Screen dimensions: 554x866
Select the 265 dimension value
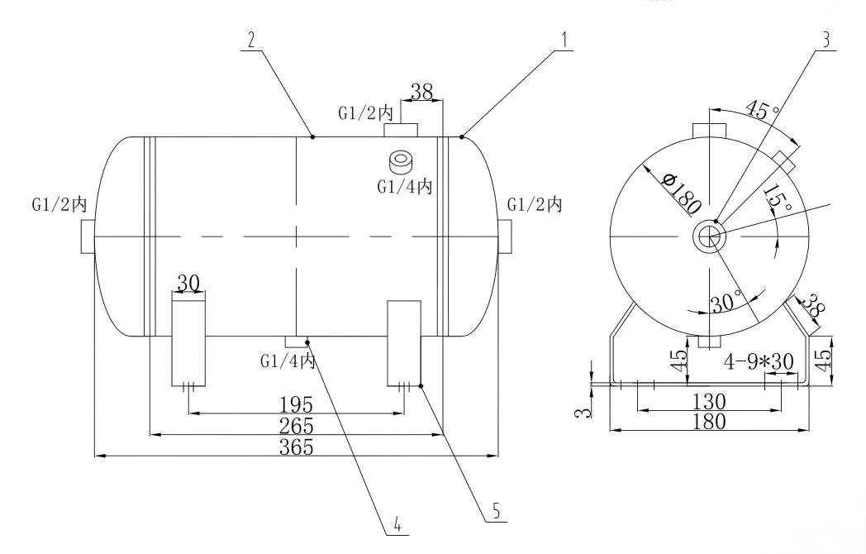tap(296, 426)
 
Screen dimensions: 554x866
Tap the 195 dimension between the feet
tap(296, 404)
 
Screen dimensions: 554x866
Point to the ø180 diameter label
tap(682, 193)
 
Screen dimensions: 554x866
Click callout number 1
tap(564, 39)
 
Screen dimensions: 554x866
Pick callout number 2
tap(246, 39)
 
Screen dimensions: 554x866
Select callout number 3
tap(826, 39)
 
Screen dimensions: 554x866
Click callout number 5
tap(496, 511)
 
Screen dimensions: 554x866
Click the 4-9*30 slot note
tap(758, 361)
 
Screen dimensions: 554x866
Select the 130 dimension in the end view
tap(709, 401)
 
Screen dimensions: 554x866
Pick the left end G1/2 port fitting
tap(88, 236)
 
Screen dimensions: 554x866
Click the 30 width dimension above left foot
tap(188, 283)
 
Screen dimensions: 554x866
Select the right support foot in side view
tap(405, 343)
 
